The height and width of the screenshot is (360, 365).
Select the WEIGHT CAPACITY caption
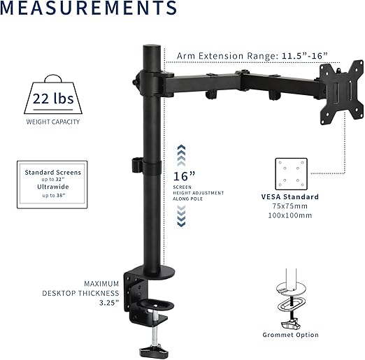click(x=52, y=122)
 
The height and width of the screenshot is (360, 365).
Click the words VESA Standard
click(x=294, y=197)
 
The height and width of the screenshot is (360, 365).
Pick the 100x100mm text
click(x=294, y=216)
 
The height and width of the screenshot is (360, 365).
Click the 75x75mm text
click(x=294, y=207)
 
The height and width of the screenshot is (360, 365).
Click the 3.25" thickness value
click(x=108, y=303)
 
